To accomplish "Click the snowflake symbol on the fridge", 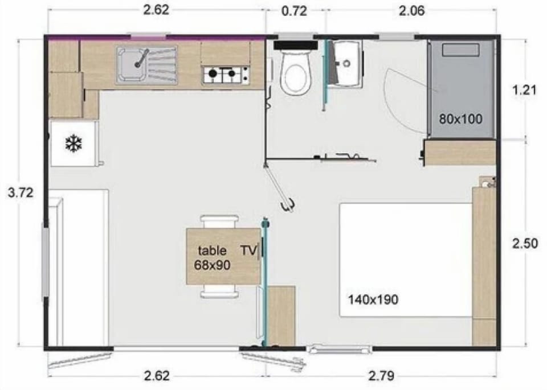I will click(74, 144).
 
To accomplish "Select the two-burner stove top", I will click(226, 74).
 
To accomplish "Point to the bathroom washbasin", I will click(345, 62).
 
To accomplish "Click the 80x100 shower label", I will click(460, 119).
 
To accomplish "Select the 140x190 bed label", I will click(374, 299).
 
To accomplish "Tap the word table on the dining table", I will click(212, 250).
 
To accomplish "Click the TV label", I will click(248, 250).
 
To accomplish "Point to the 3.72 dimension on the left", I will click(21, 192).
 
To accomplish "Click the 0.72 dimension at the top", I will click(295, 11).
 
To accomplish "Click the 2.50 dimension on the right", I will click(525, 244).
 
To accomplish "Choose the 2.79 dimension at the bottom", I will click(382, 376).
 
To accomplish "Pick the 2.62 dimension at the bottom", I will click(156, 376).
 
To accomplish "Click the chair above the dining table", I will click(219, 221).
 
